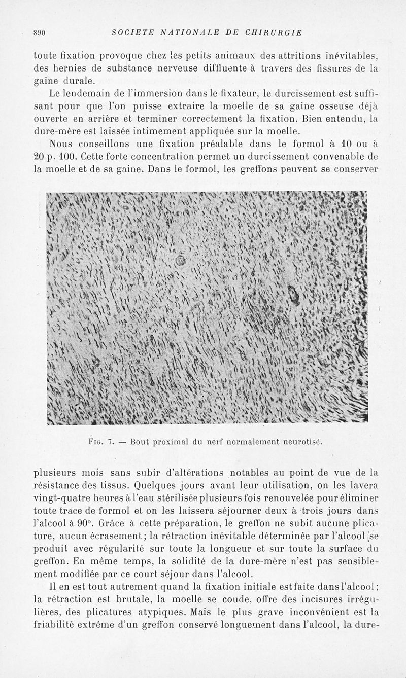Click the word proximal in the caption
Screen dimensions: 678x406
[x=172, y=441]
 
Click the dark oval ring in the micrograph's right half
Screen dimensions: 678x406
[x=293, y=293]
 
